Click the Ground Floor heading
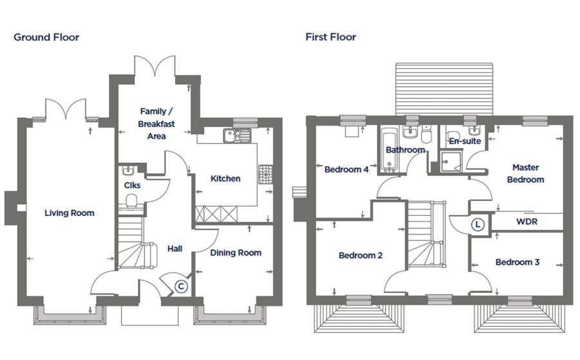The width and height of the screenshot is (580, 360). [x=46, y=37]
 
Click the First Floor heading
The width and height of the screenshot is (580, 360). [x=331, y=37]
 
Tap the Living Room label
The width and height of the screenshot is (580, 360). [x=70, y=213]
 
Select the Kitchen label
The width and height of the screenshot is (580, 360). [x=226, y=178]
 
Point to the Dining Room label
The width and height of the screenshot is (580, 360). [x=236, y=253]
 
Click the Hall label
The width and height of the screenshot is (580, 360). [x=175, y=249]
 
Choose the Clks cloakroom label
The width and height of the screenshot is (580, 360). [x=132, y=185]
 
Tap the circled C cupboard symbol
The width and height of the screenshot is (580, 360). [x=181, y=286]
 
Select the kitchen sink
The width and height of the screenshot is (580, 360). [x=237, y=136]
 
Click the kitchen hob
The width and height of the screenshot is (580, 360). [x=266, y=174]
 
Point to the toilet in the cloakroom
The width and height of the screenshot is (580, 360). [x=131, y=202]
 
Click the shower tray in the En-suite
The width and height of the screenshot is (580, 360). [x=451, y=161]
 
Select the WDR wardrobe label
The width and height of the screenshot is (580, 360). [x=527, y=222]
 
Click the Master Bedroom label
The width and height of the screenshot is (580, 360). [x=526, y=173]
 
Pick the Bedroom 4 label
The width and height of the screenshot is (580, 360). [x=347, y=169]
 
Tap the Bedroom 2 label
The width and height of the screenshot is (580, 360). [x=361, y=256]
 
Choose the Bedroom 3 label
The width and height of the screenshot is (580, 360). [x=517, y=262]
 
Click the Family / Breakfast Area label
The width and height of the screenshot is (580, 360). [x=157, y=124]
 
